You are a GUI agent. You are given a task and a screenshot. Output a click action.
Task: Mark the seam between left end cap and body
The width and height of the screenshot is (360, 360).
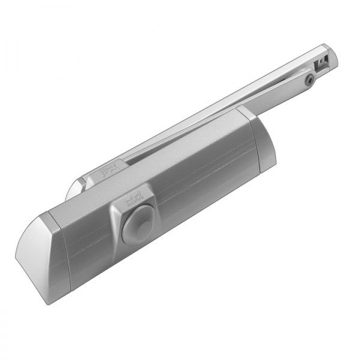coord(64,250)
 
